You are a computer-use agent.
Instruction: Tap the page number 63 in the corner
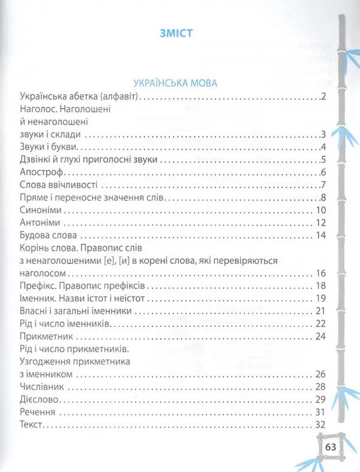[x=331, y=447]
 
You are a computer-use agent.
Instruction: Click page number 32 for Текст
[x=319, y=425]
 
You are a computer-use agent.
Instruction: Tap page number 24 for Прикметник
[x=320, y=336]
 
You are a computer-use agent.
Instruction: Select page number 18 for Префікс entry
[x=320, y=285]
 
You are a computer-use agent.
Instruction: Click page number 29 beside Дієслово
[x=320, y=399]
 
